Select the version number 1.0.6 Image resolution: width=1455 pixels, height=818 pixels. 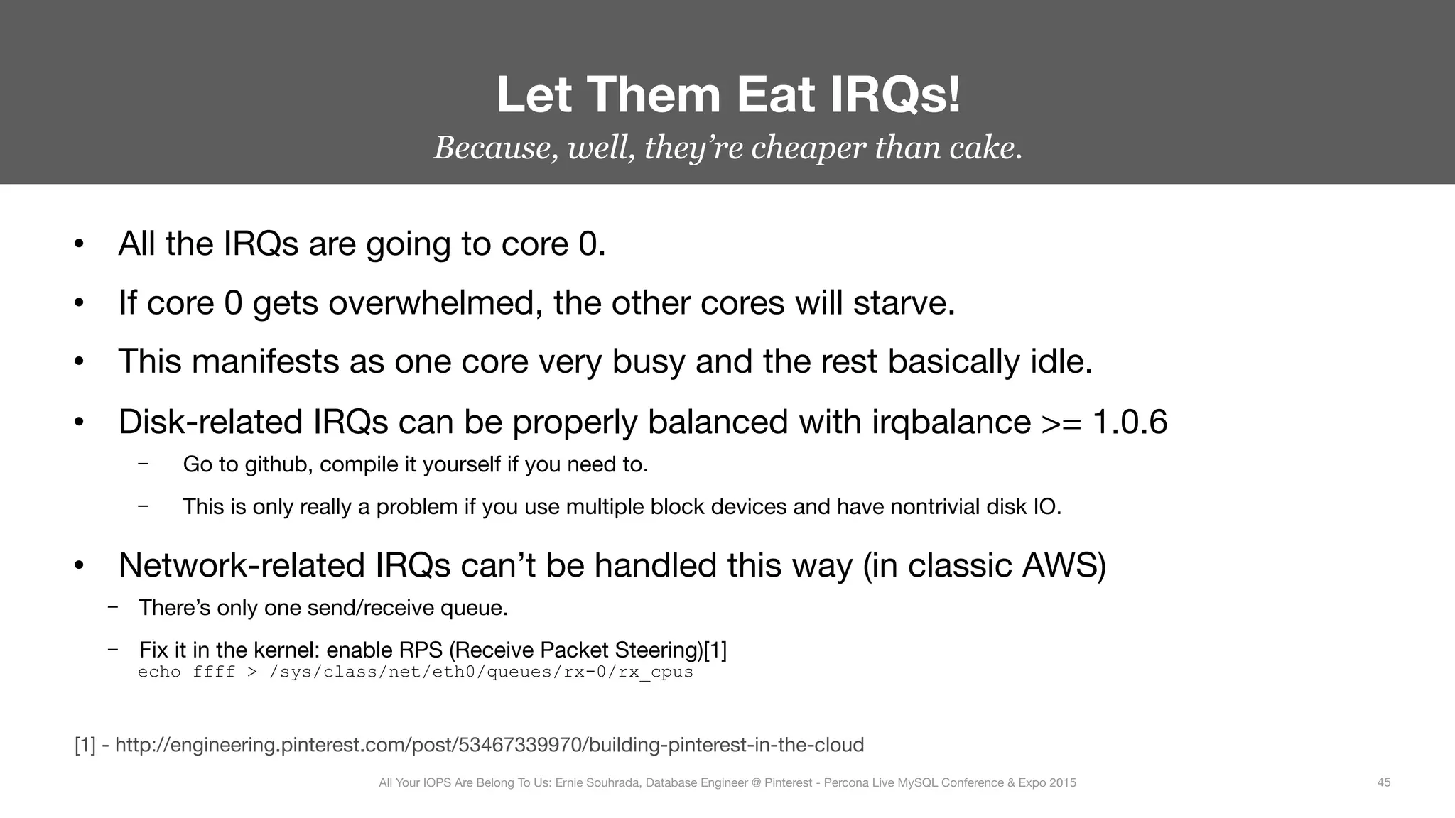pyautogui.click(x=1130, y=422)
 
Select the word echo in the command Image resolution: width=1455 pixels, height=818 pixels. pyautogui.click(x=158, y=672)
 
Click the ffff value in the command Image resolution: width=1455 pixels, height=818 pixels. pyautogui.click(x=213, y=672)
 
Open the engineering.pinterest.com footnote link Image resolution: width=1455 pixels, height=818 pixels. pyautogui.click(x=489, y=745)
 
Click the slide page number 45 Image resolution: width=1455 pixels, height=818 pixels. pyautogui.click(x=1383, y=782)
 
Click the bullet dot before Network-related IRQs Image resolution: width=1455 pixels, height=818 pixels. pyautogui.click(x=79, y=567)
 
